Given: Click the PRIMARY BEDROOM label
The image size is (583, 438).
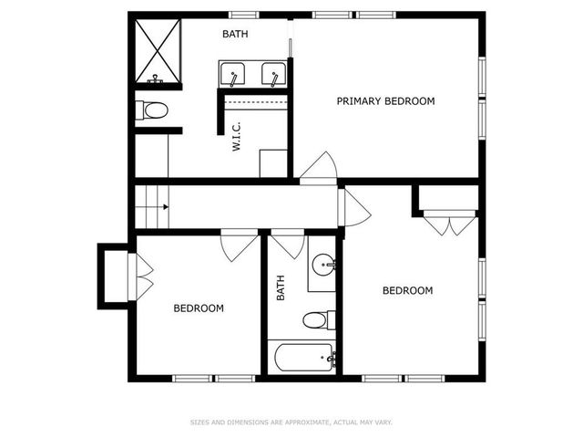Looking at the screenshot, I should pyautogui.click(x=385, y=101).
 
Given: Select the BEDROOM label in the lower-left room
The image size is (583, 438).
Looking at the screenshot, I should pyautogui.click(x=199, y=308).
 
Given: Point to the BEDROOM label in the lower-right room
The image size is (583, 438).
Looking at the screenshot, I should pyautogui.click(x=406, y=291).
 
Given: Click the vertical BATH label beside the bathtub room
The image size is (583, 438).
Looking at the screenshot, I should pyautogui.click(x=281, y=288).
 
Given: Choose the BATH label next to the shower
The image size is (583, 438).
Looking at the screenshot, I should pyautogui.click(x=236, y=35).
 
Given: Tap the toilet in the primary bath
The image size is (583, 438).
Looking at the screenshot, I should pyautogui.click(x=153, y=111).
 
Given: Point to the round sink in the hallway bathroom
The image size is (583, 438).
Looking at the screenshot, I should pyautogui.click(x=322, y=266).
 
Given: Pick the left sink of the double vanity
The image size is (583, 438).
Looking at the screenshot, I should pyautogui.click(x=231, y=72).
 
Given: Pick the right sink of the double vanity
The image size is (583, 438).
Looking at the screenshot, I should pyautogui.click(x=272, y=72).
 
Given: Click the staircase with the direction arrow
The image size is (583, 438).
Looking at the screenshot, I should pyautogui.click(x=152, y=207).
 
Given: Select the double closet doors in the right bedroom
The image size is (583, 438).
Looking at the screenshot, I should pyautogui.click(x=449, y=223).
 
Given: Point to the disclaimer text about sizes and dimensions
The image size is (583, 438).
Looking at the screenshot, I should pyautogui.click(x=291, y=422).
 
